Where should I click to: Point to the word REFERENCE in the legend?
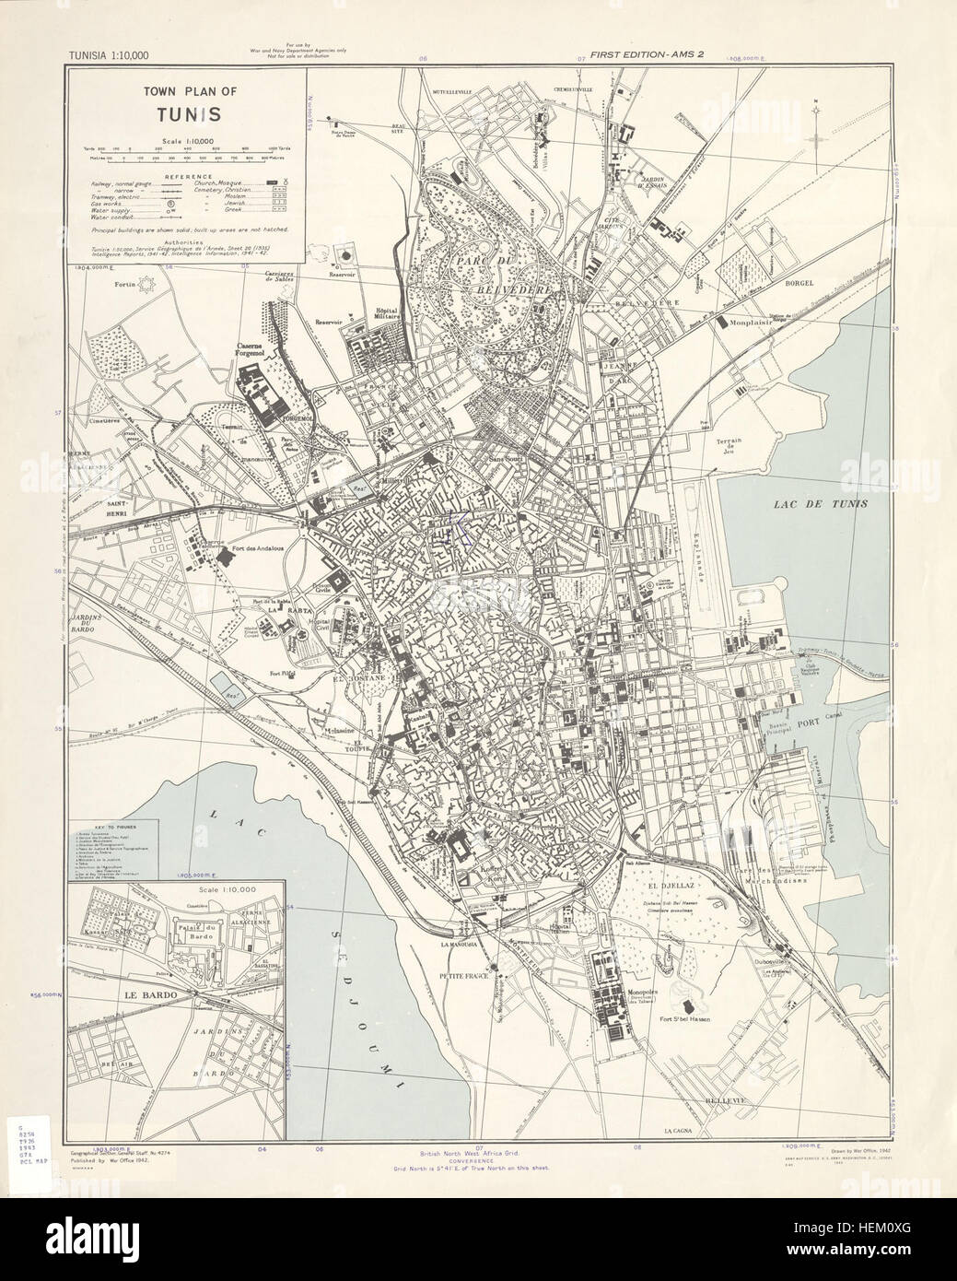pyautogui.click(x=186, y=177)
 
